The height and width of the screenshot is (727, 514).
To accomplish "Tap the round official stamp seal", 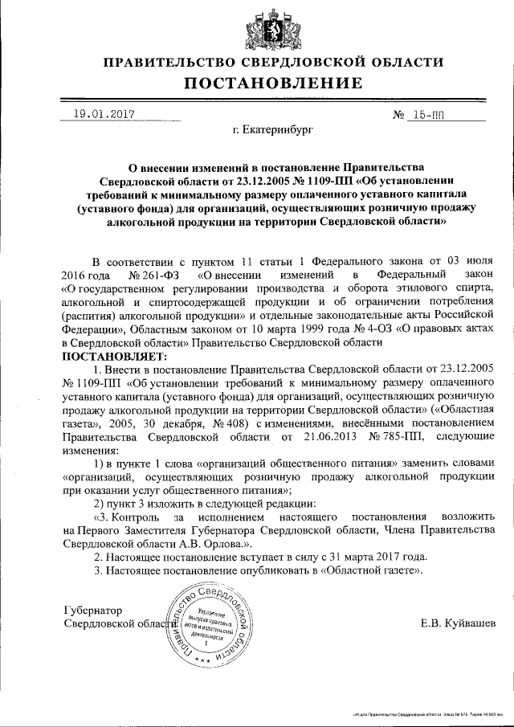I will click(x=211, y=627).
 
